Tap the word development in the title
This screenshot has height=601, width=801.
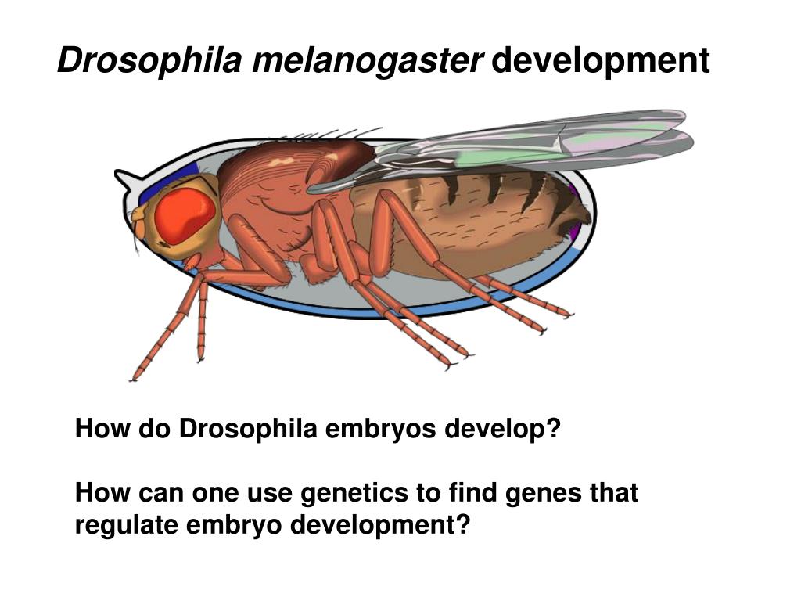[601, 61]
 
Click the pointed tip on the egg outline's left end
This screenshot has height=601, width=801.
[118, 174]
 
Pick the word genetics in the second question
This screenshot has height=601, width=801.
[347, 493]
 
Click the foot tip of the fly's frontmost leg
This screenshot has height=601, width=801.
[134, 378]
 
